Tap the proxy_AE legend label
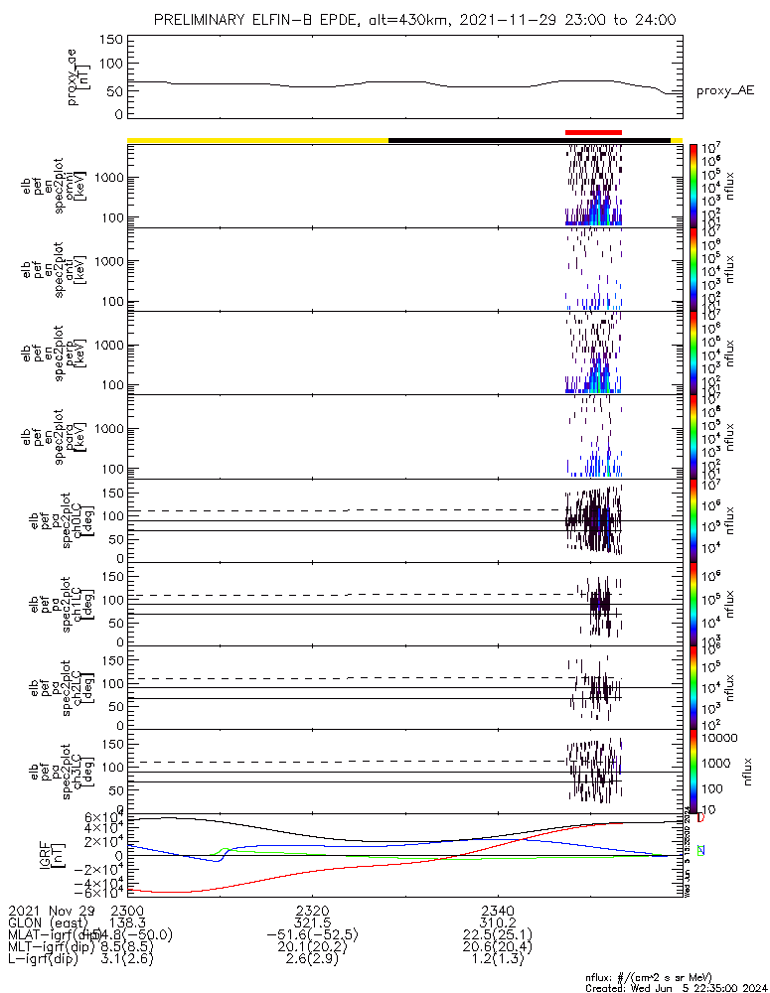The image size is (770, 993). click(724, 91)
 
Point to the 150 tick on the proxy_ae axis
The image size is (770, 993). click(111, 39)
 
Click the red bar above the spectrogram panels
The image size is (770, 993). click(593, 132)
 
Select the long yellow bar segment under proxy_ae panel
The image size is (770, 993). click(257, 140)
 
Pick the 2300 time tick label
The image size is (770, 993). click(127, 910)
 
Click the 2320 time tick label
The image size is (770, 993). click(312, 910)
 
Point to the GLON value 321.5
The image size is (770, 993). click(312, 922)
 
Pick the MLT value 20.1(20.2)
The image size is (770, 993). click(312, 947)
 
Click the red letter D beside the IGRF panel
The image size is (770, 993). click(700, 818)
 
